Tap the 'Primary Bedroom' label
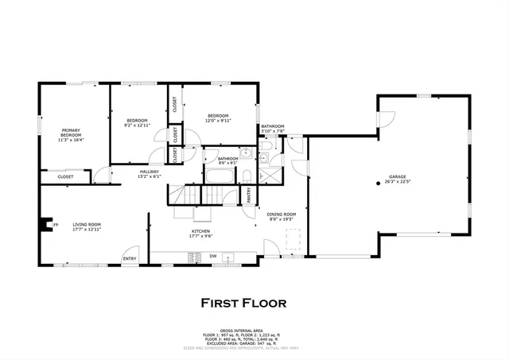point(72,136)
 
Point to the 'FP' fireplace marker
point(56,226)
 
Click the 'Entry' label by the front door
point(129,258)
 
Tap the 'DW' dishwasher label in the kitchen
point(213,256)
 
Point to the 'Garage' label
point(398,177)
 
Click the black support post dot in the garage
point(379,182)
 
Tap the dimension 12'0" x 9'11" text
point(218,122)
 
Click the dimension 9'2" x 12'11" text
point(138,125)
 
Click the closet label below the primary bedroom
point(65,176)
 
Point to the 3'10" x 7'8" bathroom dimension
point(273,132)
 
